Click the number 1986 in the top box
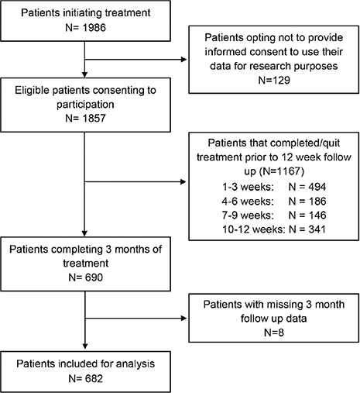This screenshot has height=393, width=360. (x=94, y=28)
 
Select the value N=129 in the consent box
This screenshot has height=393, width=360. (x=274, y=80)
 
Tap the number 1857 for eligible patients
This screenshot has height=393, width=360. (x=94, y=119)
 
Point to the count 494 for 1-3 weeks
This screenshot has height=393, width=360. (x=317, y=187)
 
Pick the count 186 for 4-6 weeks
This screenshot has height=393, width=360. (x=317, y=201)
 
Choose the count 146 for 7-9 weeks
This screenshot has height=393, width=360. (x=317, y=215)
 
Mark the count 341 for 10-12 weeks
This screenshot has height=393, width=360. (x=317, y=229)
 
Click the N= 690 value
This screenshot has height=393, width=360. (x=86, y=278)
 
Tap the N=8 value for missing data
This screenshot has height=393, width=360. (x=274, y=333)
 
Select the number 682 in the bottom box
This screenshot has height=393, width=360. (x=94, y=378)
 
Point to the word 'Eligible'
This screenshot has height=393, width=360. (x=32, y=91)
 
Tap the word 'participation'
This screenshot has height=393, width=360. (x=85, y=105)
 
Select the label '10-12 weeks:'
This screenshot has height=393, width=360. (x=254, y=229)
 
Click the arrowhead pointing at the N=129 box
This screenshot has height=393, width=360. (x=183, y=60)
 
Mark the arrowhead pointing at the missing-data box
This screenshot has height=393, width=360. (x=183, y=319)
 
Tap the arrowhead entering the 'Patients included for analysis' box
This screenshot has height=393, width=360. (x=85, y=346)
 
